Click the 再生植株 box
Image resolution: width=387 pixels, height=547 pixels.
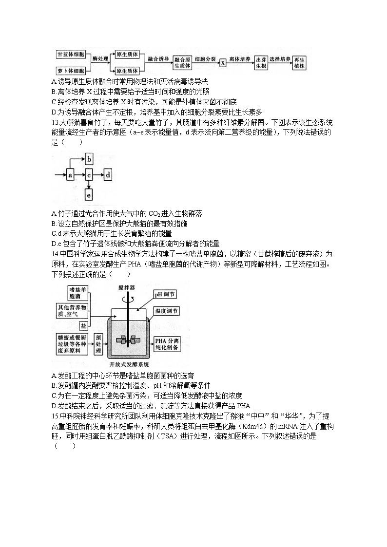pos(299,62)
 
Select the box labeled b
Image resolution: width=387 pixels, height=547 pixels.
pos(89,158)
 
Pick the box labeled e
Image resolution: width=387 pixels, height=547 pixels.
pos(89,195)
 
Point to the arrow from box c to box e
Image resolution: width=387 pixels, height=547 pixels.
pos(89,184)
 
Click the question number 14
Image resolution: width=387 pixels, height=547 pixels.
pos(54,254)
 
